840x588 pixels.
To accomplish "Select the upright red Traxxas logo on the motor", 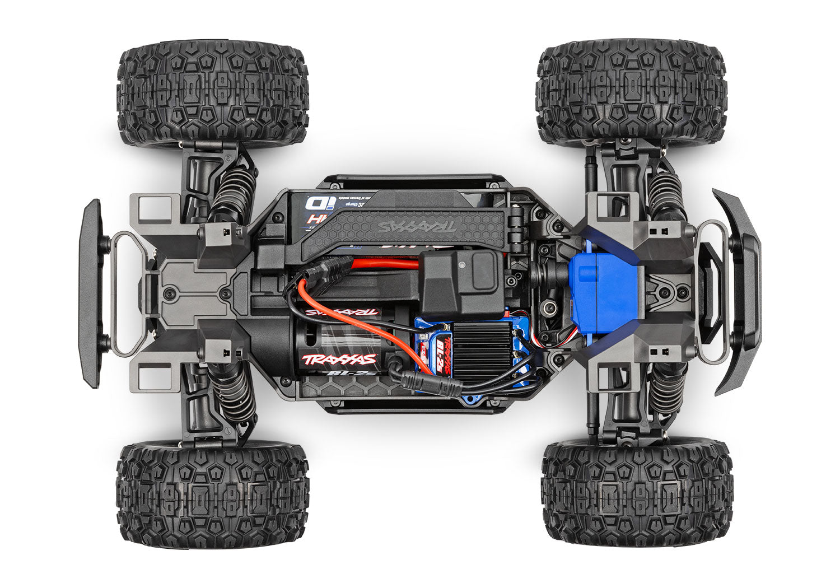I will pyautogui.click(x=339, y=359).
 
